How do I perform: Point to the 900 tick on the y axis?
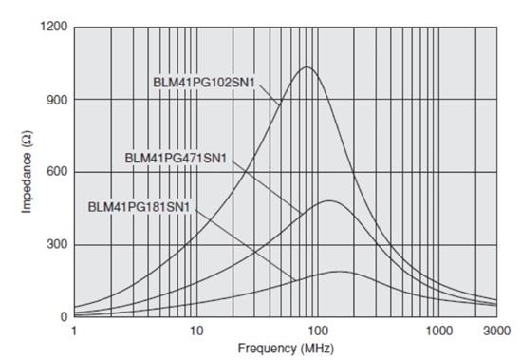click(x=57, y=100)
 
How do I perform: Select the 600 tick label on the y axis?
click(x=57, y=172)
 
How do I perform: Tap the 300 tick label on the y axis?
click(x=57, y=245)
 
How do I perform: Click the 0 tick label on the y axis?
click(x=64, y=318)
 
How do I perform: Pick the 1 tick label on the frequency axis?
click(x=74, y=332)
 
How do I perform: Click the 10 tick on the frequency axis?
click(x=195, y=332)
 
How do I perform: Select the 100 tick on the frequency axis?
click(x=317, y=332)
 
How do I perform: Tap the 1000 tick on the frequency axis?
click(x=438, y=332)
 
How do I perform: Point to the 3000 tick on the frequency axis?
click(x=495, y=332)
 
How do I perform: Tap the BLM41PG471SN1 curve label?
click(x=176, y=156)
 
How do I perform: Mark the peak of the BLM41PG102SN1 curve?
click(x=306, y=66)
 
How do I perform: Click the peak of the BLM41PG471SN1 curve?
click(x=328, y=200)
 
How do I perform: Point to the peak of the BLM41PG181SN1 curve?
click(x=339, y=271)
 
